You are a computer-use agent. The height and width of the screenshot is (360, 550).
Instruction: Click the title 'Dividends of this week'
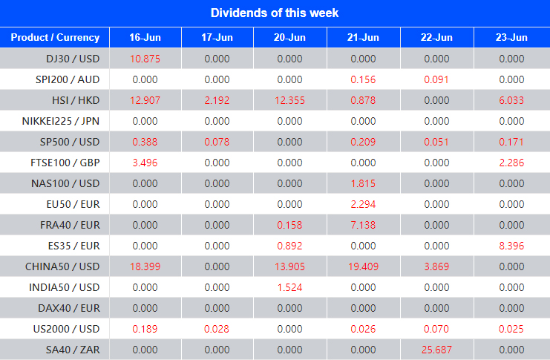point(275,13)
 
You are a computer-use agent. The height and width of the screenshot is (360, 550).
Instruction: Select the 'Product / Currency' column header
point(54,37)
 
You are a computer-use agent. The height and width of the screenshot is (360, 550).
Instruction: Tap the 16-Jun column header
point(145,37)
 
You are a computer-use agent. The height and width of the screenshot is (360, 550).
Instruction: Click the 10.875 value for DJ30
point(145,59)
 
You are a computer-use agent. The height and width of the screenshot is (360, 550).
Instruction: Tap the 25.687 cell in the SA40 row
point(436,350)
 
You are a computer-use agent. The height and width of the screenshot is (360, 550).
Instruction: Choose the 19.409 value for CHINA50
point(363,266)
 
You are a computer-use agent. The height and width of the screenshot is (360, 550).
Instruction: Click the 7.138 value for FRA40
point(363,225)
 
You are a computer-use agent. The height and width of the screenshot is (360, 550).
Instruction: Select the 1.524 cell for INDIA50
point(290,287)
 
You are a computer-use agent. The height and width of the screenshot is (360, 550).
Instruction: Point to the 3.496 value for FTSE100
point(145,163)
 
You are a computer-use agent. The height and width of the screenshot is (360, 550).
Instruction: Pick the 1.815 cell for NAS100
point(363,183)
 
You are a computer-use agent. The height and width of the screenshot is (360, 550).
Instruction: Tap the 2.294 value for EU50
point(363,204)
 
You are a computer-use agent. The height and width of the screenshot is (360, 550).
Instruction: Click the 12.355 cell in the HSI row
point(290,100)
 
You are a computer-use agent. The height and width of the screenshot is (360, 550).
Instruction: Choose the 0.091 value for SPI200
point(436,79)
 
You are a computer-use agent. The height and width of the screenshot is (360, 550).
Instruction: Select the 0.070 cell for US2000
point(436,329)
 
